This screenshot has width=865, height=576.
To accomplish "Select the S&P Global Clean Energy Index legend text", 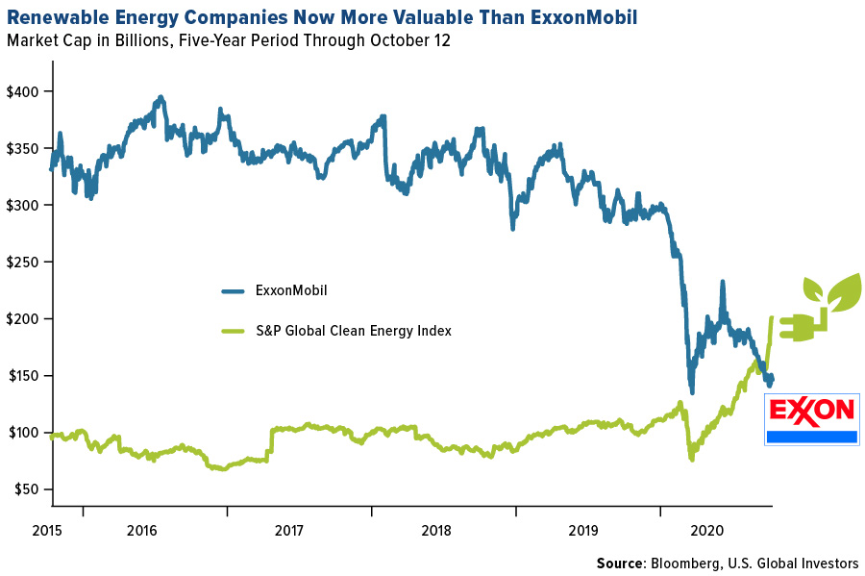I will tap(353, 331).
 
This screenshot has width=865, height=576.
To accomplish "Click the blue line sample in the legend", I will tap(234, 291).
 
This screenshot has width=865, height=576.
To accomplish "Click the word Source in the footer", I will tap(621, 563).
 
